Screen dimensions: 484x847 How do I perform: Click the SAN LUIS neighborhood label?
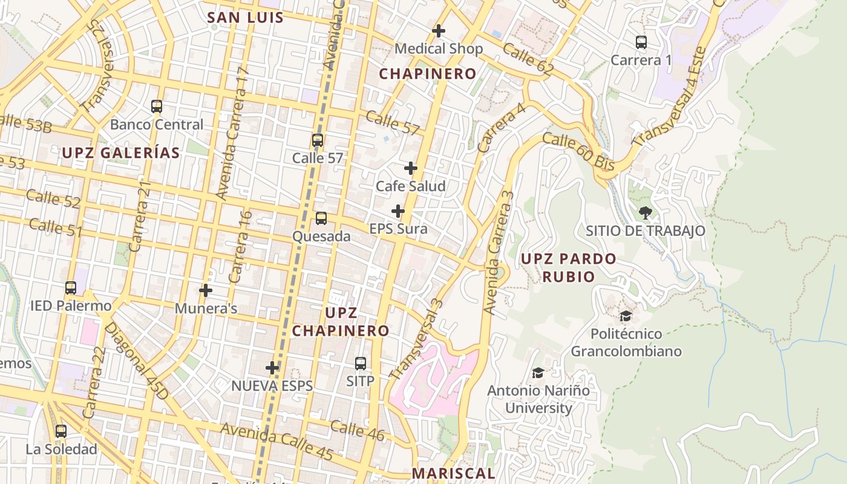point(245,17)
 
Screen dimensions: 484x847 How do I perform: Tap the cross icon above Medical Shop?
point(439,30)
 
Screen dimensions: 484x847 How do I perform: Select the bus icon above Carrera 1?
point(641,42)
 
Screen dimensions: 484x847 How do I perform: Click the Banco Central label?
point(157,125)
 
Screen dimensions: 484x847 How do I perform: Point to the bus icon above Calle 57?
point(318,140)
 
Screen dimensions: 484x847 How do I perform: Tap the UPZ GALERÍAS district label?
point(121,153)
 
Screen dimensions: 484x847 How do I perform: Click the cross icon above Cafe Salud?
point(411,168)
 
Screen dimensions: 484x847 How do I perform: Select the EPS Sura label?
point(398,229)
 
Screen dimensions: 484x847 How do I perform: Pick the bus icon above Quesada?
point(321,218)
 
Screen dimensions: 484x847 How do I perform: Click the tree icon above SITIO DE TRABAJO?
point(646,212)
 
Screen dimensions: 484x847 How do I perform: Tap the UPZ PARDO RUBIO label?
point(569,267)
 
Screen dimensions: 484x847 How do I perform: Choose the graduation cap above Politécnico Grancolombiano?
point(626,316)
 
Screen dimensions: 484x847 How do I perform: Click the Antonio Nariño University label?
point(538,399)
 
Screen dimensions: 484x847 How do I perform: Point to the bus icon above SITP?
point(361,363)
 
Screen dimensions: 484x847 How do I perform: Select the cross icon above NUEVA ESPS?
point(272,367)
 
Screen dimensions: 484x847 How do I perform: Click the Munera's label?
point(206,309)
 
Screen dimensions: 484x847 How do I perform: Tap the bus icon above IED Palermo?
point(71,288)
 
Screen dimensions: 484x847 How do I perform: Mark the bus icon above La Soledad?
point(61,431)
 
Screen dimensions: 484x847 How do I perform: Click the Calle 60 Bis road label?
point(578,152)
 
